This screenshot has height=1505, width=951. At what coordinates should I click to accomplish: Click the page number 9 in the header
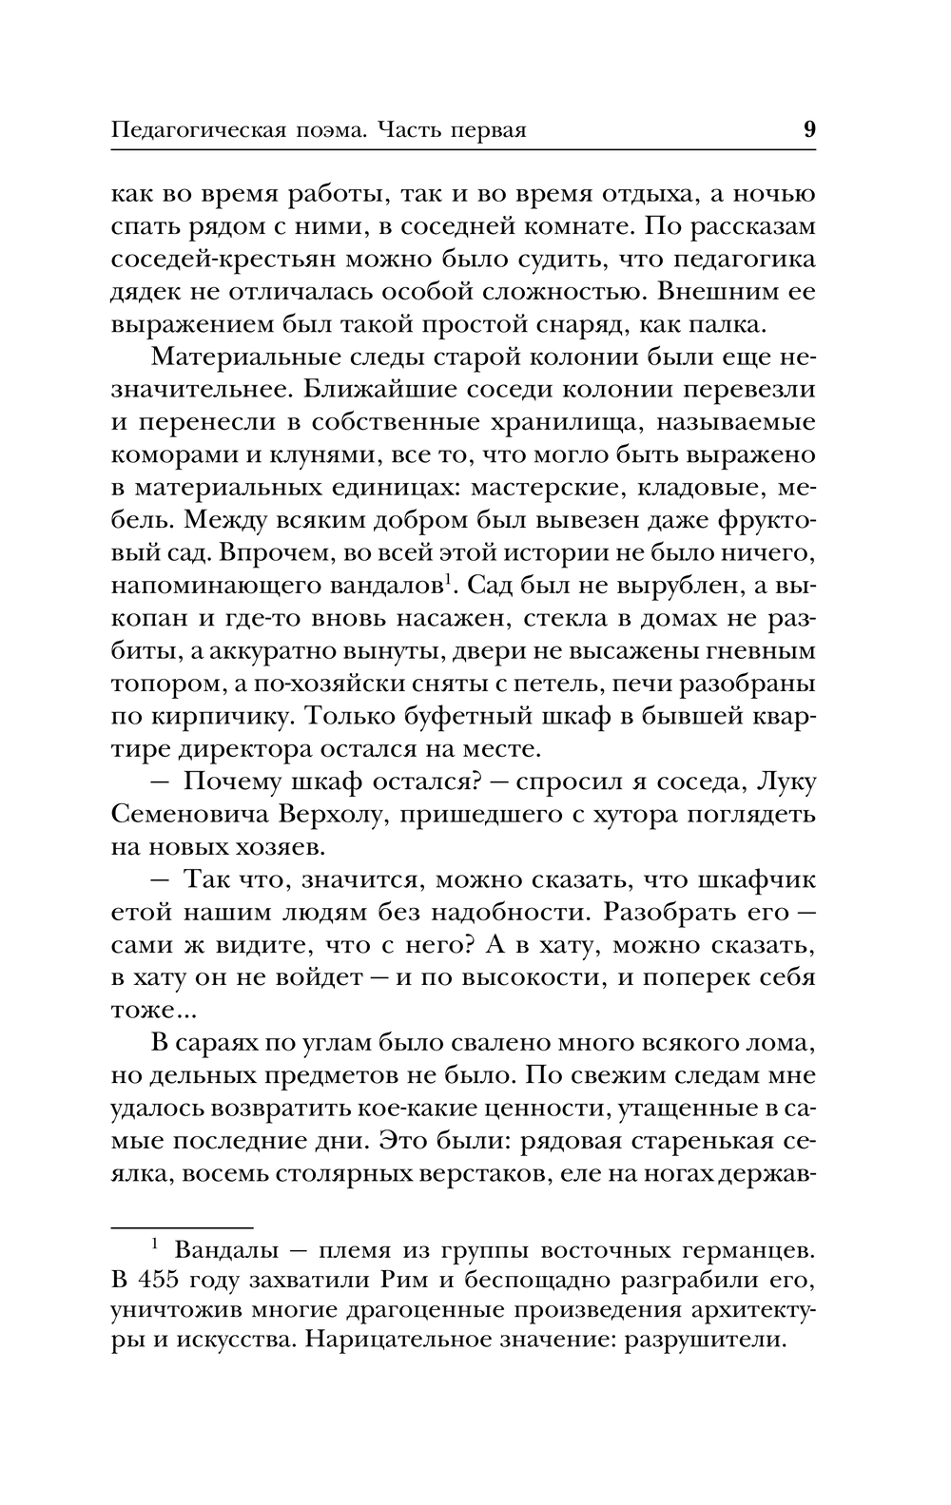(809, 129)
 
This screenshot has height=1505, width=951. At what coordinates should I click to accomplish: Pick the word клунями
(305, 454)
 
